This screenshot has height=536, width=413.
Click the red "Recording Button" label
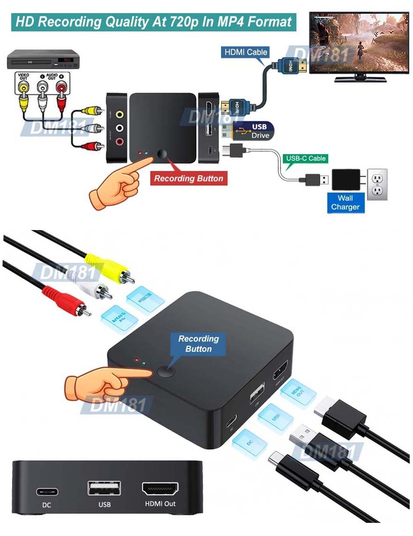[189, 179]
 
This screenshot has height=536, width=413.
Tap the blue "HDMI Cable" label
[245, 52]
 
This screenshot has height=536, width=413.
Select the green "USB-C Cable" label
[306, 158]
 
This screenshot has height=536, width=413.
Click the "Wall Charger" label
[345, 202]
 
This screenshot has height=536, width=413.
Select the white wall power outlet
[377, 184]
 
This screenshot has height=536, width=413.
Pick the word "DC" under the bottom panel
[47, 505]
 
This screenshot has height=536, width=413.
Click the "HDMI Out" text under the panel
[160, 504]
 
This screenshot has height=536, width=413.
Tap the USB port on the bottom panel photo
[104, 488]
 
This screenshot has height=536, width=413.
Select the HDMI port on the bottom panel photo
[160, 488]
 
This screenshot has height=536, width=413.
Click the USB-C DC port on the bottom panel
[47, 492]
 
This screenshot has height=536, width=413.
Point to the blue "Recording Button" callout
[199, 344]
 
